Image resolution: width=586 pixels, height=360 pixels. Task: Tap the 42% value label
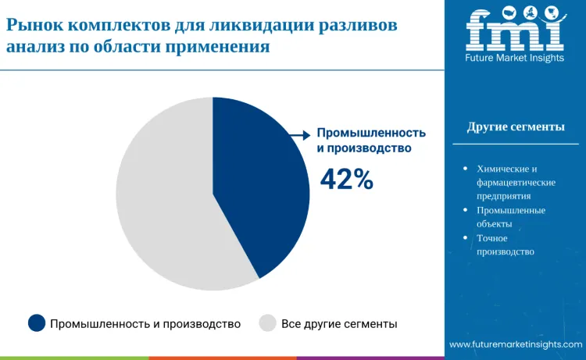tap(347, 180)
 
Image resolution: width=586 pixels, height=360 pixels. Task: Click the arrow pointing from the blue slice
tap(298, 135)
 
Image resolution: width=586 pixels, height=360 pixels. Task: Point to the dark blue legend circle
tap(37, 323)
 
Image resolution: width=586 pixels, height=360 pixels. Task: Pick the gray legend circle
tap(267, 323)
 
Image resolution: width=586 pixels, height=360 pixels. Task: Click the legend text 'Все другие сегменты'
tap(339, 323)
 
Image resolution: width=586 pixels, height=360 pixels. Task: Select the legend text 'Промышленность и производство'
tap(145, 323)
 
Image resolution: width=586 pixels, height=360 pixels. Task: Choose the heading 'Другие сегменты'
tap(516, 127)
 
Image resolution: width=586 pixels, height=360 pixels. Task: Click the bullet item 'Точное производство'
tap(505, 244)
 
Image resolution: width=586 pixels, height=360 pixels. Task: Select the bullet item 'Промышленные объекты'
tap(511, 216)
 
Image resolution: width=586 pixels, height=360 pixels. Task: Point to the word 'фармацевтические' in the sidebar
tap(516, 182)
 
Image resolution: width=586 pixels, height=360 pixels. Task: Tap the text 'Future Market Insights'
tap(515, 59)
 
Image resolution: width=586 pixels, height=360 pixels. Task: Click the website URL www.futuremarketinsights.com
tap(516, 344)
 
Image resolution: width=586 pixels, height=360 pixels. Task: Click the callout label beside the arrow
tap(371, 140)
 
